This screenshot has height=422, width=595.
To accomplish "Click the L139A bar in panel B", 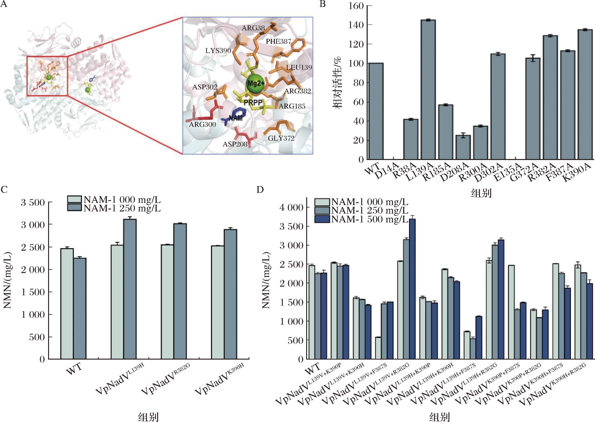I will tap(428, 90).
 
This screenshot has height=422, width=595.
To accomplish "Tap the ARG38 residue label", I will tap(253, 28).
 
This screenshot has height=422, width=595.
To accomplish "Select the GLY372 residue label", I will tap(281, 138).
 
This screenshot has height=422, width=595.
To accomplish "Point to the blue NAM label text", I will tap(236, 118).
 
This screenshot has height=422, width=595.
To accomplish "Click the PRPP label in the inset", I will tap(253, 103).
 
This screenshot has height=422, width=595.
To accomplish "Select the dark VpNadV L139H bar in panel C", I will tap(130, 289).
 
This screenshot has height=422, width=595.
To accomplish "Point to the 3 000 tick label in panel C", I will tap(33, 225).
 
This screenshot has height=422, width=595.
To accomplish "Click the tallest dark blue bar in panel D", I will tap(412, 289).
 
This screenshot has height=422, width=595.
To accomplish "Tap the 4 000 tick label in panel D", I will tap(291, 207).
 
